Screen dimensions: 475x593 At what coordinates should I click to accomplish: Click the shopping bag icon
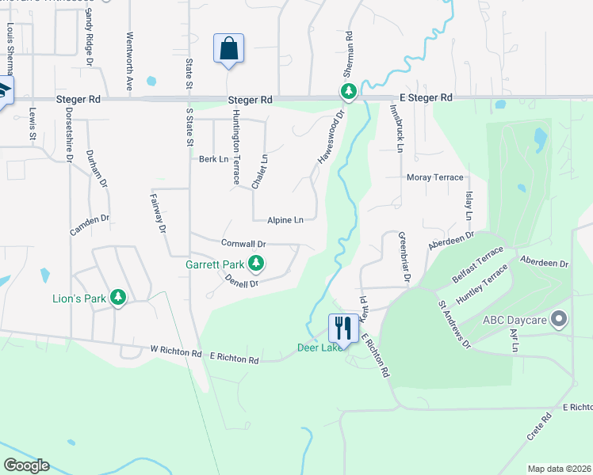tap(228, 49)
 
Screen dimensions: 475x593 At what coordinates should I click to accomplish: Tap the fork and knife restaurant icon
tap(342, 327)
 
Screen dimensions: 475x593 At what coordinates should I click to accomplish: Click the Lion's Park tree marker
tap(118, 298)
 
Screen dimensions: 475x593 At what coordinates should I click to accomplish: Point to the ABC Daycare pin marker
tap(560, 320)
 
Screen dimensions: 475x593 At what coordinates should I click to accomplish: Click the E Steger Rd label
tap(426, 97)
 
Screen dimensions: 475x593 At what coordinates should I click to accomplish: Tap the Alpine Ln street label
tap(285, 220)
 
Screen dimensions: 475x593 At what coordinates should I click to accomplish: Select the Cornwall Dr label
tap(243, 244)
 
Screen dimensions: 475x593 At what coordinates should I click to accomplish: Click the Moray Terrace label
tap(434, 177)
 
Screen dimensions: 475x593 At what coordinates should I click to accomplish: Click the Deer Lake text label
tap(319, 348)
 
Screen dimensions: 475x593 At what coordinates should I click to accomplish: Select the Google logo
tap(26, 465)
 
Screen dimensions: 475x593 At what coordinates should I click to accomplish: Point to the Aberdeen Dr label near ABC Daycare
tap(544, 262)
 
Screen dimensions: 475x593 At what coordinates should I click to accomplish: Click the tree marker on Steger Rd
tap(348, 92)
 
